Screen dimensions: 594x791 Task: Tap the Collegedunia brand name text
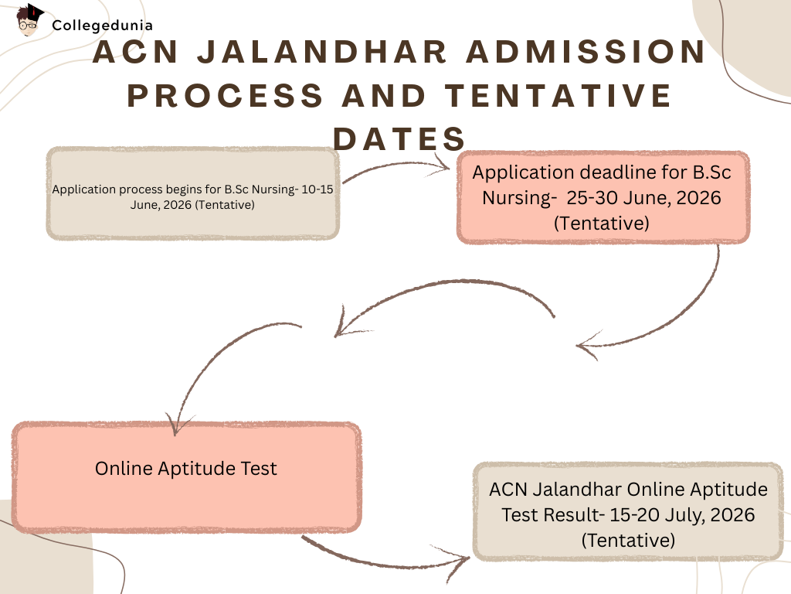point(102,25)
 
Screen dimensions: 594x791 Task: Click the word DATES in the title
point(399,138)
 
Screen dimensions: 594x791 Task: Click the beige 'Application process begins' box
point(193,193)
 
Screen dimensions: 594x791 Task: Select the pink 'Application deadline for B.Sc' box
point(603,197)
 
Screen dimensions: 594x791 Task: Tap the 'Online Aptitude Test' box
point(185,477)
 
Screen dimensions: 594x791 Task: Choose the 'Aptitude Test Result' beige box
point(627,512)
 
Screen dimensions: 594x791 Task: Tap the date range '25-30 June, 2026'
point(643,197)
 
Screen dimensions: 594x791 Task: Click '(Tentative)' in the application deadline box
point(602,223)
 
